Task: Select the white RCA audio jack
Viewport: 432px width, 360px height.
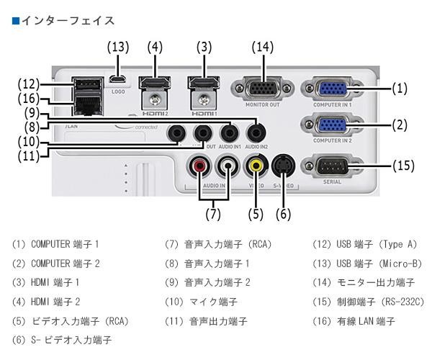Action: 228,166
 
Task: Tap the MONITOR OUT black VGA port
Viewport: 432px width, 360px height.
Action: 263,89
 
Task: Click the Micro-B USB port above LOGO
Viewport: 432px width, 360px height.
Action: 119,78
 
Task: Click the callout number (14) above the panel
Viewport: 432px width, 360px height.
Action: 263,48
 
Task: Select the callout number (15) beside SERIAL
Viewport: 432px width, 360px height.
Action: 403,166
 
